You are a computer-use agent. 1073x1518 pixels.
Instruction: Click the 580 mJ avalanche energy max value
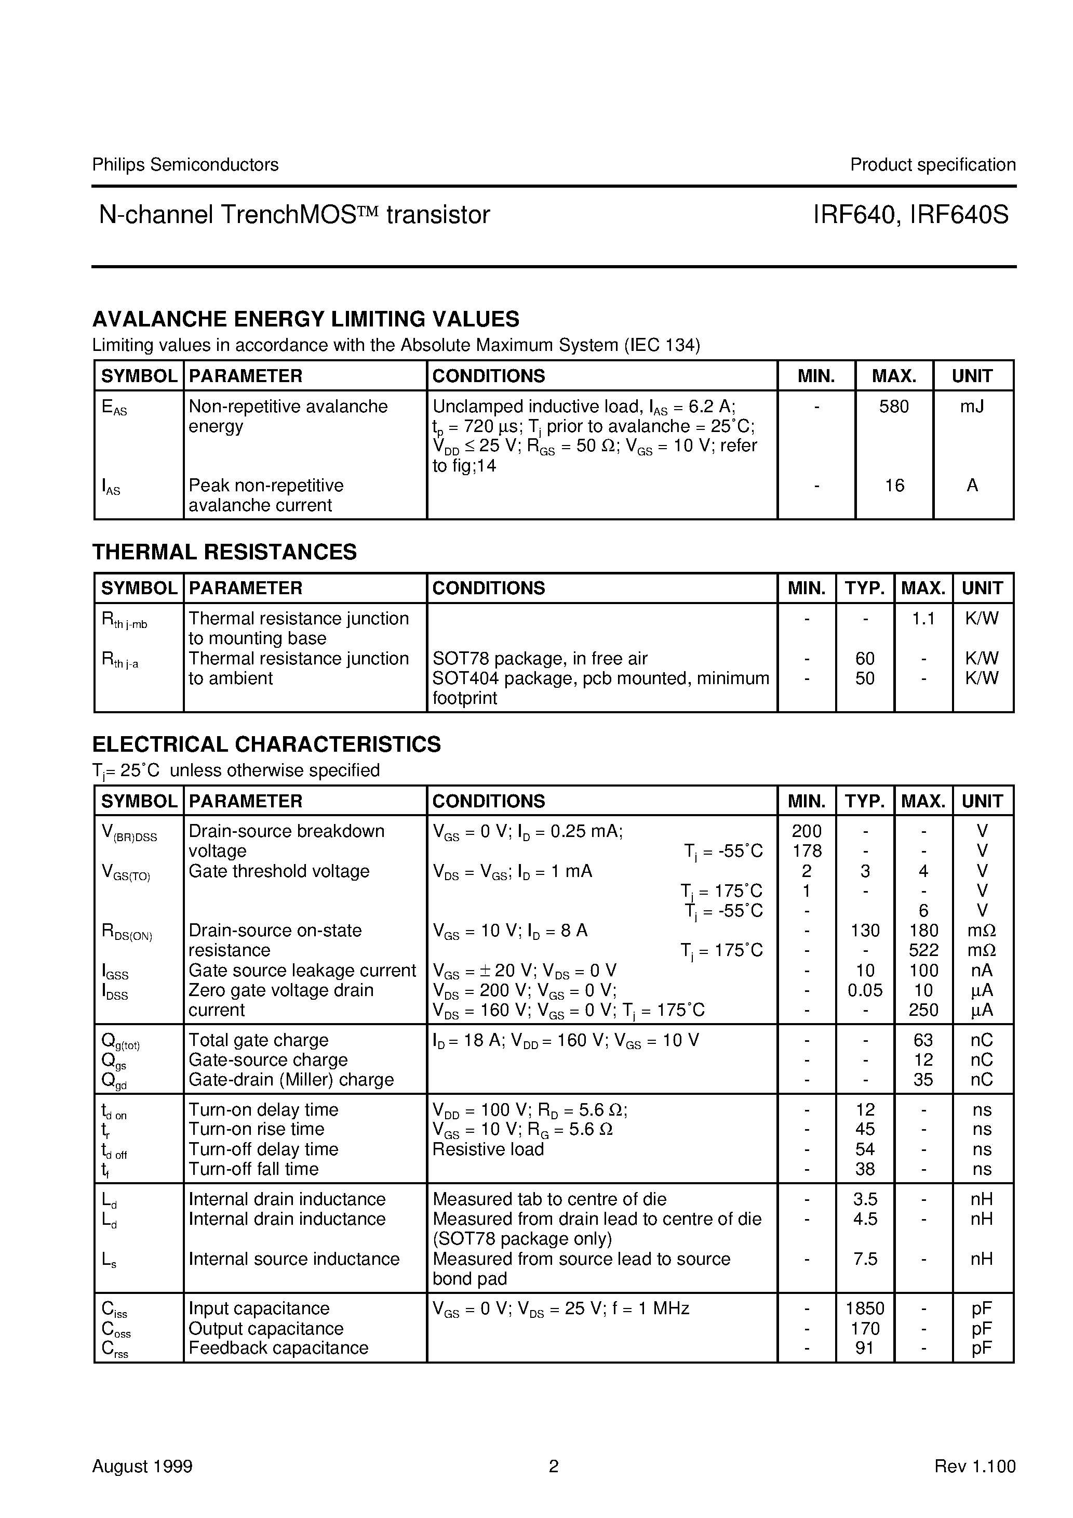893,407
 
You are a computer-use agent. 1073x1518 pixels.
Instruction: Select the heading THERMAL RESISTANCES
225,552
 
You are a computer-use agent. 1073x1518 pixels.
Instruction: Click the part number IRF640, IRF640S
910,215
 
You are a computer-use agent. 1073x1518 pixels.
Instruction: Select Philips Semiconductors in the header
185,165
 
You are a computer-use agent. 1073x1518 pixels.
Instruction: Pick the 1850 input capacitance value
865,1308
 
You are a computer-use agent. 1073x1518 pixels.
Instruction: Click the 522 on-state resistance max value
923,950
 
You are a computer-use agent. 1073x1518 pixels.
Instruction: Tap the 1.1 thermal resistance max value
923,619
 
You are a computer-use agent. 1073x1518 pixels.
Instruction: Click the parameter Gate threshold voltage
279,871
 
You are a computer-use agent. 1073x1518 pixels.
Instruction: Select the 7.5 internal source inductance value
865,1259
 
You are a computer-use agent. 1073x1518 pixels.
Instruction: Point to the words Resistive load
488,1149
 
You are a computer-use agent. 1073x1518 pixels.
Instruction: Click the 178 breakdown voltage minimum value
807,851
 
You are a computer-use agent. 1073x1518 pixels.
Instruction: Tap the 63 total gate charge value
923,1040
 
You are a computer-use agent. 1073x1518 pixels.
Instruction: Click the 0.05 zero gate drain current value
865,990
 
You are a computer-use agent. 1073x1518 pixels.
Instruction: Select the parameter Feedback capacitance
278,1348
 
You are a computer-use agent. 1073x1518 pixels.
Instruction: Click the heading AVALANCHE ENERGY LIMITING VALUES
305,319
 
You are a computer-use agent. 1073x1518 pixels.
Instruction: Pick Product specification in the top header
932,165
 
